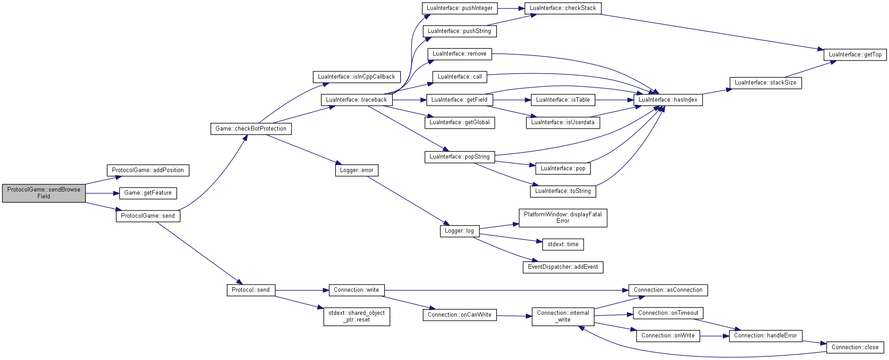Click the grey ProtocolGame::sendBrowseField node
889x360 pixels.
(44, 193)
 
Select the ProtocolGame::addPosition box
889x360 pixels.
(148, 170)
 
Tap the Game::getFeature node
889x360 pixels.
(148, 193)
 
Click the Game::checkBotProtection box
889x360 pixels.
(251, 129)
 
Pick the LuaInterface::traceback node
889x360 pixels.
(356, 100)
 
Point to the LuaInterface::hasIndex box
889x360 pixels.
(668, 100)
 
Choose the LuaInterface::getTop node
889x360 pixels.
(855, 55)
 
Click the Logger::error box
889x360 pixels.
(356, 170)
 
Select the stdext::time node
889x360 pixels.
(563, 244)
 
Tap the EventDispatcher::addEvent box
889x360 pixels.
(563, 267)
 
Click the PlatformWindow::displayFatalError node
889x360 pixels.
(563, 218)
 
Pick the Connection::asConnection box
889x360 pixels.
(668, 290)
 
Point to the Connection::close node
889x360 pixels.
(855, 347)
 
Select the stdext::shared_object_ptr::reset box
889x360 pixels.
(356, 316)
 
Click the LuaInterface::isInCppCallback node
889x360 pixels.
(356, 77)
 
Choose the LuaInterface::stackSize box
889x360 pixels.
(765, 83)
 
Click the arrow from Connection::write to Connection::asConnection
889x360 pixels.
(506, 290)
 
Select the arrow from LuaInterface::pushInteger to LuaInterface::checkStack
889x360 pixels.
(511, 8)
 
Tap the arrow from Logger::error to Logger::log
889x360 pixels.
(408, 201)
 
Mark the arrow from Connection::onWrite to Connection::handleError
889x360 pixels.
(715, 336)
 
